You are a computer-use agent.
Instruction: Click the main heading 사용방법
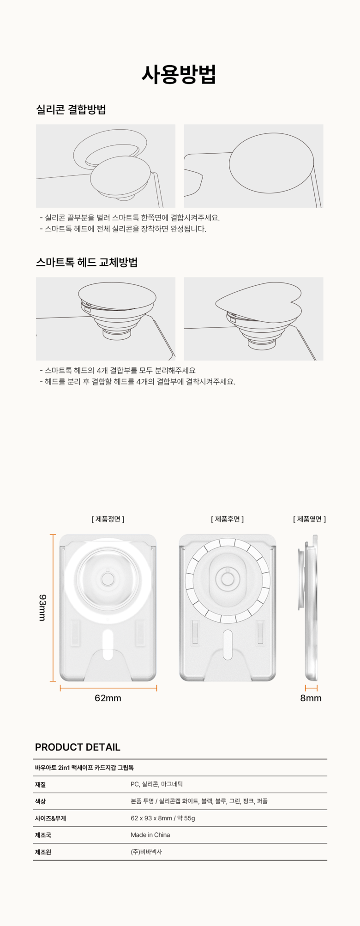click(179, 74)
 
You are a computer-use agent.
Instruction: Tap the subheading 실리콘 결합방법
click(71, 109)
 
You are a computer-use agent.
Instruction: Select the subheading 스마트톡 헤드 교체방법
click(87, 262)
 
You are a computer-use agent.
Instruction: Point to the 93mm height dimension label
click(42, 607)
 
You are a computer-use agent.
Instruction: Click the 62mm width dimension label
click(108, 698)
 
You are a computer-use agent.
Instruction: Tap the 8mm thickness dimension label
click(311, 698)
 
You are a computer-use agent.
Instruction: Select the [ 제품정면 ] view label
click(108, 519)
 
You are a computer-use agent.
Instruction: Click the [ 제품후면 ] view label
click(228, 519)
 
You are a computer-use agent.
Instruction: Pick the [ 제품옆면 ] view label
click(309, 519)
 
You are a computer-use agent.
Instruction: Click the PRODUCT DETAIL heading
click(78, 747)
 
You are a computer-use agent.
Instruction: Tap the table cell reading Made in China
click(150, 835)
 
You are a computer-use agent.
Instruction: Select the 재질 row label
click(40, 784)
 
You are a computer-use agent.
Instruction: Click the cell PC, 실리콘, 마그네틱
click(157, 784)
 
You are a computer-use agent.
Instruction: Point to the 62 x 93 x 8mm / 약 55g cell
click(163, 818)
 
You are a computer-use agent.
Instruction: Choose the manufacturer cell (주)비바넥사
click(146, 852)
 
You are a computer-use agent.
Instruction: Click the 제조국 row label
click(43, 835)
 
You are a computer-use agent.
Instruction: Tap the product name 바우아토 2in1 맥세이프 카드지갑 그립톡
click(84, 768)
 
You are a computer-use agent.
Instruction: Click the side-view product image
click(308, 607)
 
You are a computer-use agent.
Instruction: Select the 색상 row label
click(40, 801)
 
